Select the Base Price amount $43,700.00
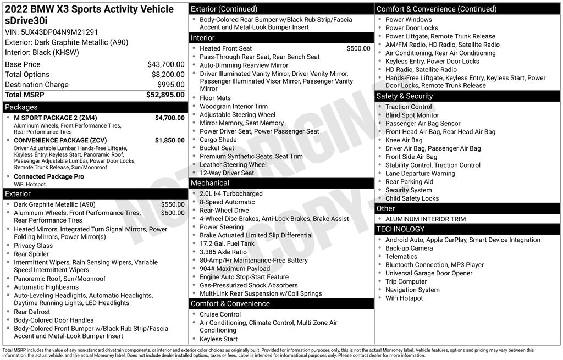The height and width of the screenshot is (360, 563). (165, 64)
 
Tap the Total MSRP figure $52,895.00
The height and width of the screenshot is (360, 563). (165, 95)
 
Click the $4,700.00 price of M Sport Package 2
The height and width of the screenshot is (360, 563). (169, 118)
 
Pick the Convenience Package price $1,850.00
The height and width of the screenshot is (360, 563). (169, 140)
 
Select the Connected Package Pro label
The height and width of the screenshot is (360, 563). (49, 176)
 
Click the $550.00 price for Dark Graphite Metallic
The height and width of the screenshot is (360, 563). (173, 204)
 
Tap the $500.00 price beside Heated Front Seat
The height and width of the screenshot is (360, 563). (358, 48)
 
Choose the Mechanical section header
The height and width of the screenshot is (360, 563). (210, 182)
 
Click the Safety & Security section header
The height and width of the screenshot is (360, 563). (405, 96)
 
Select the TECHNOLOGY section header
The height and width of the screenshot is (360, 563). (400, 229)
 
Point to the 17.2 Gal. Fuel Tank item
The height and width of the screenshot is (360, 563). (227, 243)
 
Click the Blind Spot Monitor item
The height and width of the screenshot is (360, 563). (412, 115)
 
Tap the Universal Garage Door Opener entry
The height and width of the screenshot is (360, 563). (429, 273)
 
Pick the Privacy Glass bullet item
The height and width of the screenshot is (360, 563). (34, 246)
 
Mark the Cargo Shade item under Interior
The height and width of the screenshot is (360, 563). (218, 140)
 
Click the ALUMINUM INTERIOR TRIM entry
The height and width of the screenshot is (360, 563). (425, 219)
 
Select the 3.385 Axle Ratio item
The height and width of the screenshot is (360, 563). (223, 252)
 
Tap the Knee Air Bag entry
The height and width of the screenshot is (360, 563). (404, 140)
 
